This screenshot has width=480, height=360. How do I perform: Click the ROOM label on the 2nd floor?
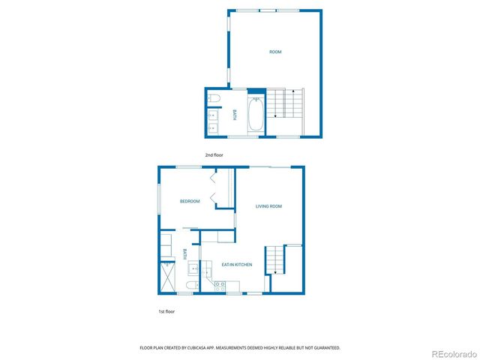[275, 52]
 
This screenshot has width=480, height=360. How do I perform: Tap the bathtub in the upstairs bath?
[256, 115]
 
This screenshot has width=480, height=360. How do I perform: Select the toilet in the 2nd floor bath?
[213, 98]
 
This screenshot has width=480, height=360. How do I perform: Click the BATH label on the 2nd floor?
[234, 115]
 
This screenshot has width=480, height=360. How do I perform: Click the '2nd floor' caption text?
[214, 155]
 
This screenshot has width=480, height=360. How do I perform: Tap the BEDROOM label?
[190, 201]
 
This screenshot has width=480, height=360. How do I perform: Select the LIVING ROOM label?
[268, 206]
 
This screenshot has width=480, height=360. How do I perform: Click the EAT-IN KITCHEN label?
[236, 265]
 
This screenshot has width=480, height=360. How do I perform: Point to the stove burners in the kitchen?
[220, 284]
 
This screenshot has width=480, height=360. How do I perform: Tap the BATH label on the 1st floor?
[184, 254]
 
